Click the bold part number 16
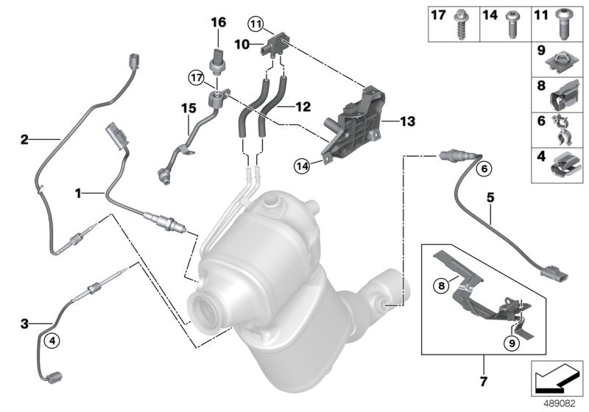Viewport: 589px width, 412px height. click(218, 24)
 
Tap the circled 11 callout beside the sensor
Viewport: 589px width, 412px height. click(255, 24)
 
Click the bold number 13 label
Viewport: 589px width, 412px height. click(407, 119)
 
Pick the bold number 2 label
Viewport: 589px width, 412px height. click(24, 138)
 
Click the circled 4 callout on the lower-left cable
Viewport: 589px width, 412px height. click(51, 340)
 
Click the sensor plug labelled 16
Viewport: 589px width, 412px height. click(218, 58)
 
